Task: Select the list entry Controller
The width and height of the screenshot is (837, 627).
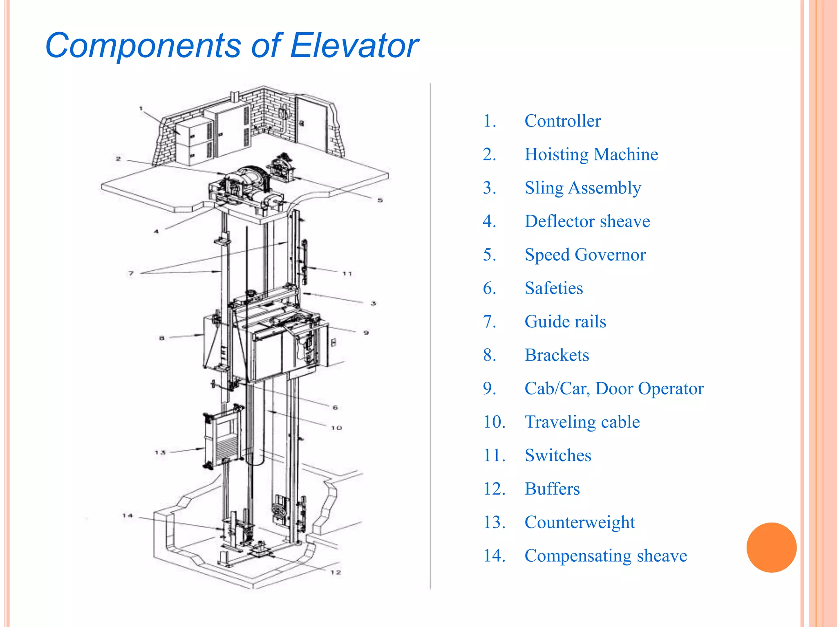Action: (562, 121)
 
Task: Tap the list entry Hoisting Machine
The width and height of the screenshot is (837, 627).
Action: (591, 154)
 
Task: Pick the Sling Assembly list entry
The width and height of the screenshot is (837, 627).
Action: (582, 188)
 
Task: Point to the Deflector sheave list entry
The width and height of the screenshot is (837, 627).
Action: (587, 221)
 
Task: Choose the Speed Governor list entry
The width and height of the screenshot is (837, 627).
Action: (585, 255)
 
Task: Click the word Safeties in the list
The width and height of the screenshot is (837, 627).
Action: (553, 288)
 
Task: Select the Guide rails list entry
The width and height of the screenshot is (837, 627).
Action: (565, 322)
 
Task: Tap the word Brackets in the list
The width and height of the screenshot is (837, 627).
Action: (557, 355)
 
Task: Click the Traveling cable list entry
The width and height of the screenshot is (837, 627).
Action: (582, 422)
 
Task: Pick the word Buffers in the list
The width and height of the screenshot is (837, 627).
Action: (552, 489)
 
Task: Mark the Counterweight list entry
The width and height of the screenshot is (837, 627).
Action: (580, 522)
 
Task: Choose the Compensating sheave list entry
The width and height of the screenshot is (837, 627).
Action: (606, 556)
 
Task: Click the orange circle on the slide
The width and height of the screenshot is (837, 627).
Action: (771, 547)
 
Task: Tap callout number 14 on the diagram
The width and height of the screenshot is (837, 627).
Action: (128, 516)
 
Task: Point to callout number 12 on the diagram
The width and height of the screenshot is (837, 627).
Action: (336, 572)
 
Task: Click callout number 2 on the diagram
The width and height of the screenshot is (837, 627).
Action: (118, 159)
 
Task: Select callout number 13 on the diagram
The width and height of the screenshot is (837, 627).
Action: (160, 452)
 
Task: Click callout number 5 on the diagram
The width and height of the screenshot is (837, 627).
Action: (380, 200)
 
